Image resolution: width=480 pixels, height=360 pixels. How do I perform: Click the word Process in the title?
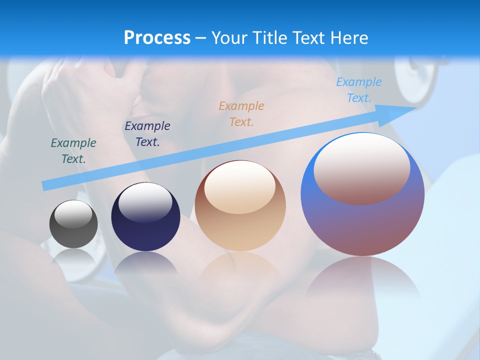(157, 38)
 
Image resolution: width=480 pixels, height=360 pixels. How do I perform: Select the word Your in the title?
(230, 38)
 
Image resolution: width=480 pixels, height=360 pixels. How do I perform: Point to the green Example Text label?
(73, 151)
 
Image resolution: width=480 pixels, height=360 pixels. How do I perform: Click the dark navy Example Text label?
(147, 134)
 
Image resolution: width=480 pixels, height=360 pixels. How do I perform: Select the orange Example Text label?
(241, 113)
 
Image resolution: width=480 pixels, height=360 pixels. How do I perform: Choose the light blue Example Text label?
(359, 90)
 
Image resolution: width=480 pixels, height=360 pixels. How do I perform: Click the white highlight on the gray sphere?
(73, 214)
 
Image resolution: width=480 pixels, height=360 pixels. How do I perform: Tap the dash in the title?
(201, 38)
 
